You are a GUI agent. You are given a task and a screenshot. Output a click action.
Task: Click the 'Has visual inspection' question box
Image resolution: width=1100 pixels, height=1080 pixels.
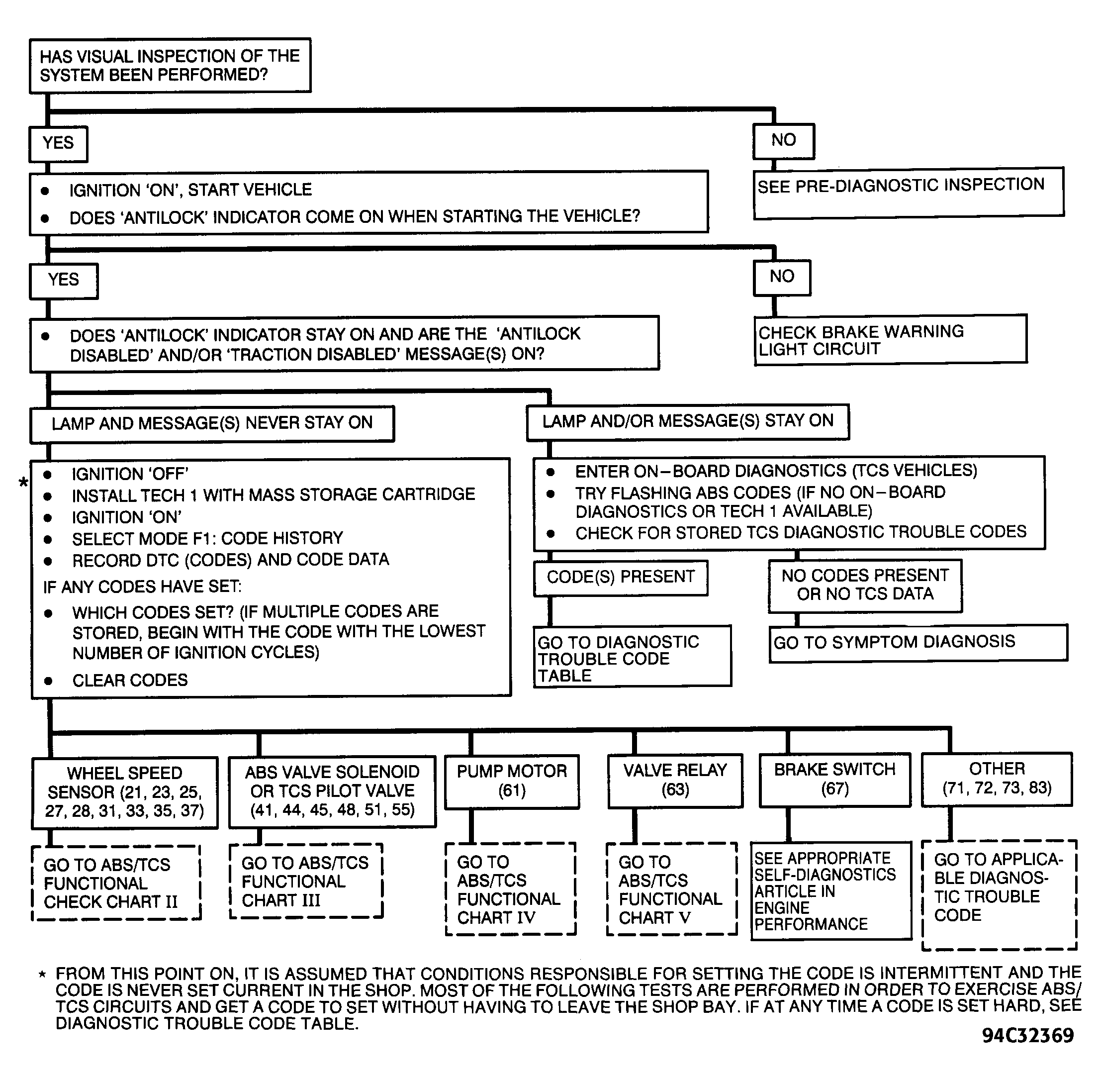pyautogui.click(x=170, y=65)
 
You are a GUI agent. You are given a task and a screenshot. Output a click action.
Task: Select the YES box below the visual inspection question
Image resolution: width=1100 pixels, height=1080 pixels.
pyautogui.click(x=58, y=143)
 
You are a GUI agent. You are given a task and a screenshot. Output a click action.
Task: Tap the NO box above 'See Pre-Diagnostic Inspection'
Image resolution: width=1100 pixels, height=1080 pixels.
pyautogui.click(x=784, y=141)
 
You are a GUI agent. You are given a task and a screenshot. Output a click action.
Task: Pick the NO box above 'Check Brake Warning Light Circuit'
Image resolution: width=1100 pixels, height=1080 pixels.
pyautogui.click(x=782, y=278)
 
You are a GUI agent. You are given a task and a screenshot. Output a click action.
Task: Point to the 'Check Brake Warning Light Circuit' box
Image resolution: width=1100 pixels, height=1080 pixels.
pyautogui.click(x=890, y=340)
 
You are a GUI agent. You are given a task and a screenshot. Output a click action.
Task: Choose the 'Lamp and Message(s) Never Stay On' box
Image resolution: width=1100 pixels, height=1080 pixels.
pyautogui.click(x=212, y=424)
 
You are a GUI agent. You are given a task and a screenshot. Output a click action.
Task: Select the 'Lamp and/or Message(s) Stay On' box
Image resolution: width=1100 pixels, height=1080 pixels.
pyautogui.click(x=688, y=421)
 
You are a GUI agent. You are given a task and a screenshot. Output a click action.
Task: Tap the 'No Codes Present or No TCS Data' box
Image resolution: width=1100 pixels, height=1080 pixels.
pyautogui.click(x=865, y=586)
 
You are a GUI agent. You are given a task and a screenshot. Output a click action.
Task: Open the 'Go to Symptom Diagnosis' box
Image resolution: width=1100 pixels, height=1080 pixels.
pyautogui.click(x=918, y=643)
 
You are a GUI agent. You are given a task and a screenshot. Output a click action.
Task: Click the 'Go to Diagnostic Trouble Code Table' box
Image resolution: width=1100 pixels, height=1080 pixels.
pyautogui.click(x=632, y=656)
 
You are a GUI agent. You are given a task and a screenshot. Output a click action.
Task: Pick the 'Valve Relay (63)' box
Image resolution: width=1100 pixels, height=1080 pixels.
pyautogui.click(x=675, y=780)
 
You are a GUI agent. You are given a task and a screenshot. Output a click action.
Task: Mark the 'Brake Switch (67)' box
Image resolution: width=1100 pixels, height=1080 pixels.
pyautogui.click(x=834, y=780)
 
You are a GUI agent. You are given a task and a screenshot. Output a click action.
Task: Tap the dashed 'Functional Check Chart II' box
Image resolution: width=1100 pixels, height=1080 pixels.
pyautogui.click(x=116, y=883)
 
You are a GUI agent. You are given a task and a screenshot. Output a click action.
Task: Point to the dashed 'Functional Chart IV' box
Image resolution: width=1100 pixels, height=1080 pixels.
pyautogui.click(x=510, y=889)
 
